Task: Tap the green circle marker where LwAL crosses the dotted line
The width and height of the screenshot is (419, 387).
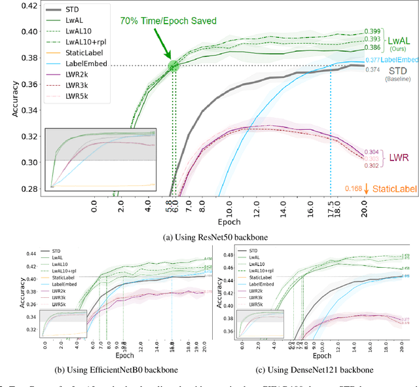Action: pyautogui.click(x=173, y=65)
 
